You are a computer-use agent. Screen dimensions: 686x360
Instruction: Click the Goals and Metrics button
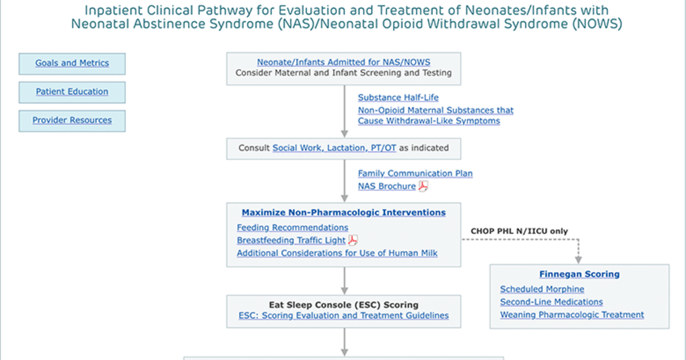click(72, 63)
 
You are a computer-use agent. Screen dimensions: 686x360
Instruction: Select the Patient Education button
click(72, 92)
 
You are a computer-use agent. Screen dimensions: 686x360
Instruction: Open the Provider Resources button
click(72, 121)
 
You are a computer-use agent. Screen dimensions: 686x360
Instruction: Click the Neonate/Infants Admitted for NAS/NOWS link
click(344, 62)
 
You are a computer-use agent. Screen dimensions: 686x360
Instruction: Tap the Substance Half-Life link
click(398, 98)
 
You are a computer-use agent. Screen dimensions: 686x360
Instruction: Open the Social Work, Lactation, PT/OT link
click(334, 148)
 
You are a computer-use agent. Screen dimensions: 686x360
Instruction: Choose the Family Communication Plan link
click(415, 174)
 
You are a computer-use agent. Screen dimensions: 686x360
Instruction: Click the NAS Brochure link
click(387, 186)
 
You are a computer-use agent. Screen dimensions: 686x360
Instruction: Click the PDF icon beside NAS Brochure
click(423, 186)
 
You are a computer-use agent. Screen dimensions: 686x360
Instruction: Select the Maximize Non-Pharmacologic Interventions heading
click(344, 213)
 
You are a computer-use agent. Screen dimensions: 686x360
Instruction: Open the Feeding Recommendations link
click(293, 227)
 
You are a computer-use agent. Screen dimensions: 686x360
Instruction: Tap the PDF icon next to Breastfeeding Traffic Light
click(353, 241)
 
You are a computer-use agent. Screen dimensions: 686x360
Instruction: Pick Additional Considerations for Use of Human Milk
click(337, 253)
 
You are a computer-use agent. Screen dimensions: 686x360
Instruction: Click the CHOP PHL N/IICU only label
click(519, 231)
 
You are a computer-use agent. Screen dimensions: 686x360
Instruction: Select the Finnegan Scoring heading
click(579, 274)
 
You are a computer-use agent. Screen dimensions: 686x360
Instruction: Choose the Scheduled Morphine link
click(542, 289)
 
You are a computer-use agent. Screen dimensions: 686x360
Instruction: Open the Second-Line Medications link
click(551, 302)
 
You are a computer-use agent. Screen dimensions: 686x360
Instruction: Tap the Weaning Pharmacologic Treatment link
click(572, 315)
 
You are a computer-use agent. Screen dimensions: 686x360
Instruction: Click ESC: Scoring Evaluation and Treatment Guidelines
click(344, 315)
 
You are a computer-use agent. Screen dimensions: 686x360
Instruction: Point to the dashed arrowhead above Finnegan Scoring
click(578, 260)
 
